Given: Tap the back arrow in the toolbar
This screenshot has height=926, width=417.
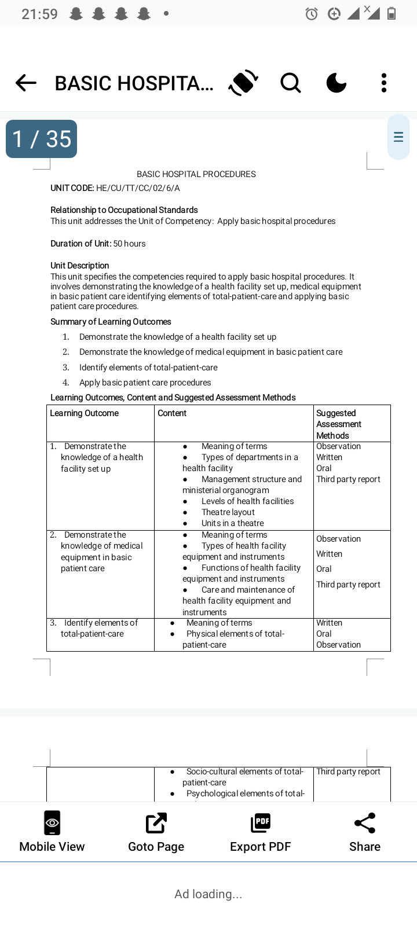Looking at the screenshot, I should (x=26, y=83).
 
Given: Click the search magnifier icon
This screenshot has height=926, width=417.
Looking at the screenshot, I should (x=290, y=83).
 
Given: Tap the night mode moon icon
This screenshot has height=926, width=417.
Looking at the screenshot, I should (x=336, y=83).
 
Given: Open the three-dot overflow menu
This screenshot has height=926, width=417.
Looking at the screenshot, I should (x=383, y=83).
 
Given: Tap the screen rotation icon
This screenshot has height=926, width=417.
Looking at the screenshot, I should (x=243, y=83).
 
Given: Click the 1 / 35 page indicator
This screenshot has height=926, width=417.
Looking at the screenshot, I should (x=41, y=139).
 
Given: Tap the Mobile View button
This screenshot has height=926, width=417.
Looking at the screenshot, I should (x=52, y=832).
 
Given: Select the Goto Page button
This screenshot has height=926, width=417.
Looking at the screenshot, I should (x=156, y=832).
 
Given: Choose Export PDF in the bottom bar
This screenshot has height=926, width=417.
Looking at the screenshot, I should (x=261, y=832).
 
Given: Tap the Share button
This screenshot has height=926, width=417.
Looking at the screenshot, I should (x=365, y=832).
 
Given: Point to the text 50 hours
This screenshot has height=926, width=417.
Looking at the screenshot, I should (x=129, y=244).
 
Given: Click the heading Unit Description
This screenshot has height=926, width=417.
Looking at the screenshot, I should (x=80, y=266).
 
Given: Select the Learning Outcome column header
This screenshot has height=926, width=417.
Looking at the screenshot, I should (x=85, y=413).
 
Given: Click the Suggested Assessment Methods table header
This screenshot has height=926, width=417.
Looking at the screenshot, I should (x=339, y=424).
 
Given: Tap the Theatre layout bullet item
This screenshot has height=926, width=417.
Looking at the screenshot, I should (x=228, y=512).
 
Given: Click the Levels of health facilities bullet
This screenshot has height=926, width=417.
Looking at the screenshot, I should (x=247, y=501).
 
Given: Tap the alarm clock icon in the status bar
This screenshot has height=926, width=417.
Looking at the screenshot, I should (x=312, y=14).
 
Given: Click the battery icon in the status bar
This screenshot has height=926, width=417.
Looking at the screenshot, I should (x=392, y=14).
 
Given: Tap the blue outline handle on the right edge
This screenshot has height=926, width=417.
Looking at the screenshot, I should (x=398, y=137).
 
